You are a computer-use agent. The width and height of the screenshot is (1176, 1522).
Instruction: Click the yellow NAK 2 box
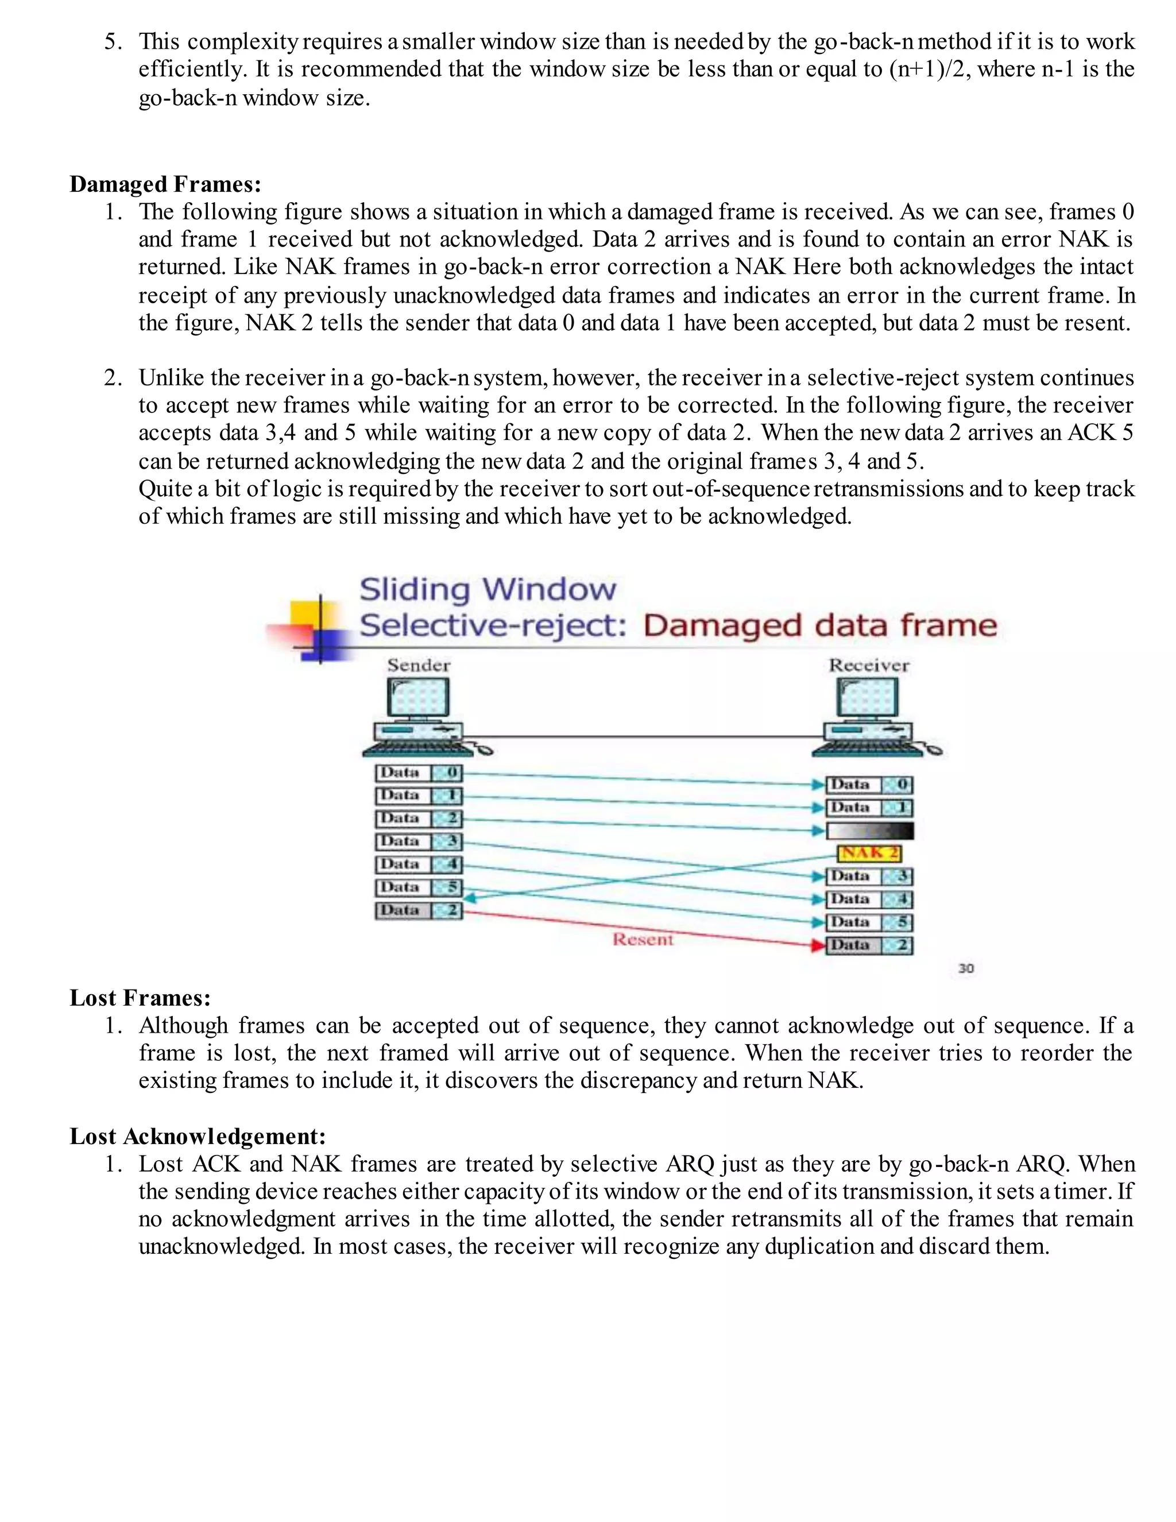[869, 853]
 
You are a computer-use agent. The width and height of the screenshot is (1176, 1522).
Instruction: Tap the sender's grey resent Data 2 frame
[418, 910]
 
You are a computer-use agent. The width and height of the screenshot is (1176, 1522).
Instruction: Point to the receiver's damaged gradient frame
[869, 830]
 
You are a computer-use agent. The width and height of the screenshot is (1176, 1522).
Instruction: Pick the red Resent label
[643, 940]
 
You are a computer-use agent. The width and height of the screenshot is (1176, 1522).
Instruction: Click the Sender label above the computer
[419, 666]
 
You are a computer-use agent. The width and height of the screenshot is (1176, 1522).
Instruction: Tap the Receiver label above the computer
[869, 666]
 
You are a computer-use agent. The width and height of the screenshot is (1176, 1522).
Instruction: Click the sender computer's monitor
[418, 698]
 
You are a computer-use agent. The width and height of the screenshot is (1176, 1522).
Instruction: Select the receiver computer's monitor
[868, 698]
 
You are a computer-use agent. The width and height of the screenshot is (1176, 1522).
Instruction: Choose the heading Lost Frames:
[140, 998]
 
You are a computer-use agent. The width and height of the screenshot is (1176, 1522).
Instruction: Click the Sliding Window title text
[488, 590]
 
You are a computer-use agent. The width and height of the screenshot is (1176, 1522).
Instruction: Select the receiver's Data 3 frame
[869, 876]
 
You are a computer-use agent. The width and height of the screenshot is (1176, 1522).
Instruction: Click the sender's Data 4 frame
[418, 865]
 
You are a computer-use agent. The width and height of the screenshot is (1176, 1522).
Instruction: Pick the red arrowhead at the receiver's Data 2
[819, 946]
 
